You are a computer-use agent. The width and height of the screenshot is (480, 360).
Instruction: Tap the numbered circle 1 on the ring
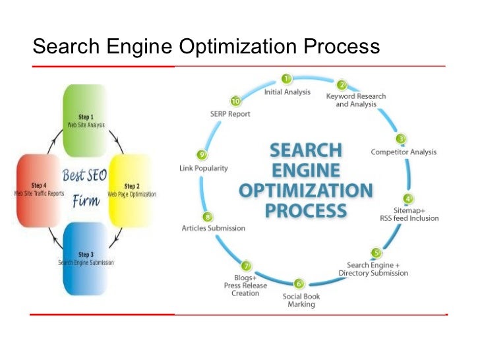287,79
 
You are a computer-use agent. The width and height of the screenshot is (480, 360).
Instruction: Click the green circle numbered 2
342,85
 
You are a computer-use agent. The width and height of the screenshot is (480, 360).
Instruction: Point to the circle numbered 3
400,139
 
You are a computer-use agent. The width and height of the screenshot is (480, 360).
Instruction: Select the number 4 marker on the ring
409,198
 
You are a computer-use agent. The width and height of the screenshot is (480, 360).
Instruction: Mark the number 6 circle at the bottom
299,284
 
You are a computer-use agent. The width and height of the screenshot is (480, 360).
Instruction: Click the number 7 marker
246,266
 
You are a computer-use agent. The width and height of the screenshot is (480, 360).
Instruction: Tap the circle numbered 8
208,216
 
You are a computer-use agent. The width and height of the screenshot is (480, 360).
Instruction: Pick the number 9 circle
202,154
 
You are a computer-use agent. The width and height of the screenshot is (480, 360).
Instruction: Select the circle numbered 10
235,102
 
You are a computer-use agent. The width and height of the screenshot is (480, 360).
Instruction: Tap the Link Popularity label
204,168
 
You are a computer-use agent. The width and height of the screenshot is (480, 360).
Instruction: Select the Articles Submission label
213,228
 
